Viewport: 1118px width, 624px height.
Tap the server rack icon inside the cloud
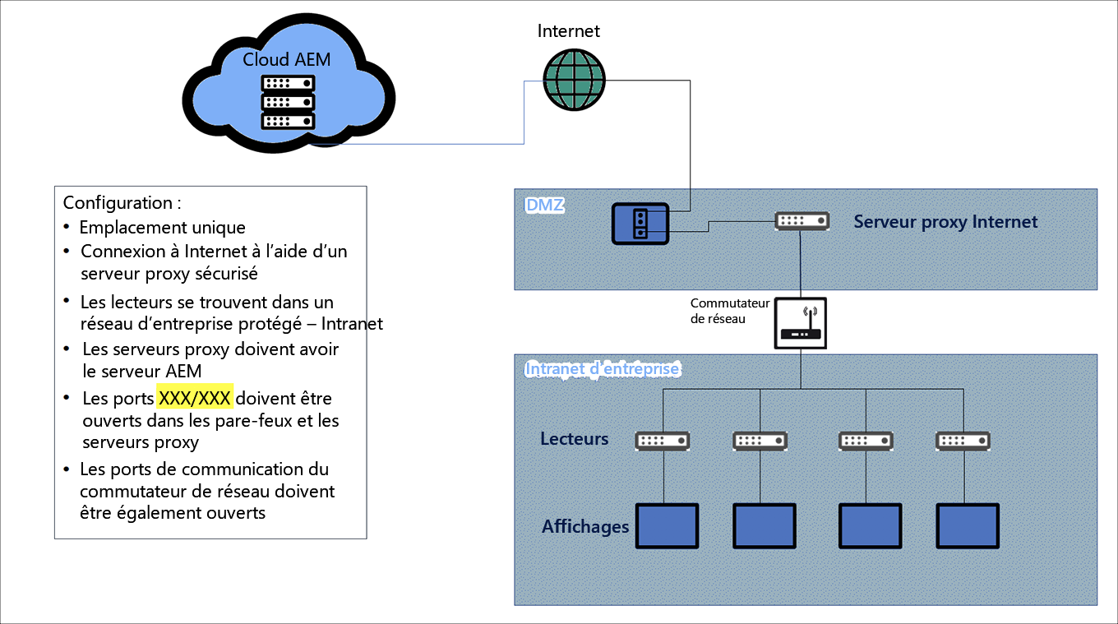pos(288,102)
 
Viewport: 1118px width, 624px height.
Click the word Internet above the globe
pos(569,31)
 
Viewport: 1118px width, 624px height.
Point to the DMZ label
pos(545,205)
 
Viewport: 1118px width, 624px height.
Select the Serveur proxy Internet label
pos(945,222)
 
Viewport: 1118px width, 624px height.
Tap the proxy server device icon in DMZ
pos(802,220)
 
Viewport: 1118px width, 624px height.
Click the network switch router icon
pos(801,323)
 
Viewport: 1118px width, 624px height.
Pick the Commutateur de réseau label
pos(730,311)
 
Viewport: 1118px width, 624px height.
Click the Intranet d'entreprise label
pos(603,369)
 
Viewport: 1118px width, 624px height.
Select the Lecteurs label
pos(575,439)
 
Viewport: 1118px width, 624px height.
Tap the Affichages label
pos(585,526)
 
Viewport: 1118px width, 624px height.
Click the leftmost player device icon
pos(662,441)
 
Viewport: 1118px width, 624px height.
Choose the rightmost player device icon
pos(963,441)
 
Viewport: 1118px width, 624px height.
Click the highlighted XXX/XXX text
pos(195,398)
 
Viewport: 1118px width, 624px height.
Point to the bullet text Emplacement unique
pos(163,227)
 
